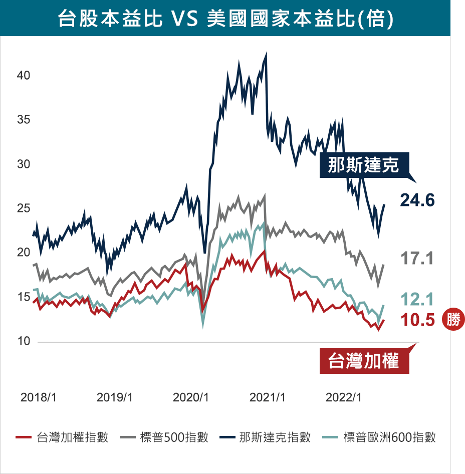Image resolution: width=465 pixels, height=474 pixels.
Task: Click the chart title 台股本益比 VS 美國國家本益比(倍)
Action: click(x=225, y=18)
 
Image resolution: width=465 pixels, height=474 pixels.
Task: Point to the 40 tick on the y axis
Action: click(x=24, y=76)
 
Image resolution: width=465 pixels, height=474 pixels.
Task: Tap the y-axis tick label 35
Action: click(x=24, y=120)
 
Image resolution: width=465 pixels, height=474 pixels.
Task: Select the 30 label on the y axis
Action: click(x=24, y=164)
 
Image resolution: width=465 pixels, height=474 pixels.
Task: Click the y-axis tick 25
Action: click(x=24, y=208)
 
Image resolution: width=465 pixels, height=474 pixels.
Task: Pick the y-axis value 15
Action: click(x=24, y=297)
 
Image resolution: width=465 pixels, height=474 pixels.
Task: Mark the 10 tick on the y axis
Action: click(x=24, y=341)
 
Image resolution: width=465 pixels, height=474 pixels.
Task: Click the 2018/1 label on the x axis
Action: click(x=38, y=397)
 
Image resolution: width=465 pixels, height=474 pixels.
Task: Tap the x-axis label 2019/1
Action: click(x=114, y=397)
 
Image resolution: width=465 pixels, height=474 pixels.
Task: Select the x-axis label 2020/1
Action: click(x=190, y=397)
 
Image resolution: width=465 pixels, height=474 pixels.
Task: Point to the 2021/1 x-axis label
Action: click(x=267, y=397)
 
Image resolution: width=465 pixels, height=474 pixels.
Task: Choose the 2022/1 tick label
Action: click(x=343, y=397)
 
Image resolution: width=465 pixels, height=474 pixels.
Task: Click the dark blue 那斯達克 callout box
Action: click(x=364, y=165)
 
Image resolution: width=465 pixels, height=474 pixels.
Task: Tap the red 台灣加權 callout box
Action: click(x=364, y=361)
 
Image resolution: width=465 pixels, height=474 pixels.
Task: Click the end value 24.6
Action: click(x=417, y=200)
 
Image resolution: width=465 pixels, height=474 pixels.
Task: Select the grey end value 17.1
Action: click(x=417, y=259)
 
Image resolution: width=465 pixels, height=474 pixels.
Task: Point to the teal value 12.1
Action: click(x=417, y=299)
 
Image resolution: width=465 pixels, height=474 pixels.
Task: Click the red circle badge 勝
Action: click(x=453, y=319)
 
